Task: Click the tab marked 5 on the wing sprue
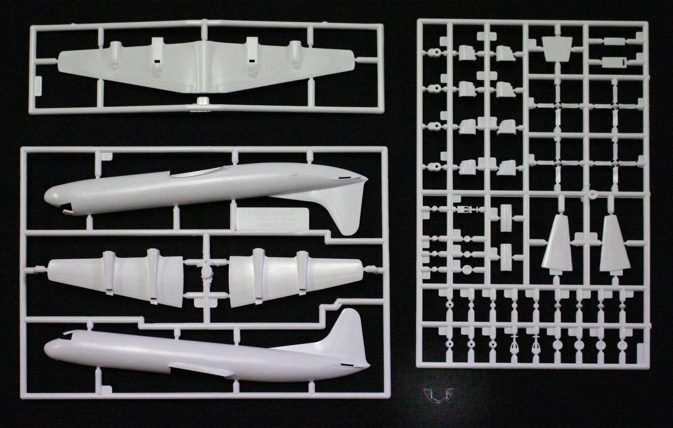(202, 101)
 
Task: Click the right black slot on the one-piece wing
(252, 61)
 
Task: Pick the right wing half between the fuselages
(294, 278)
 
